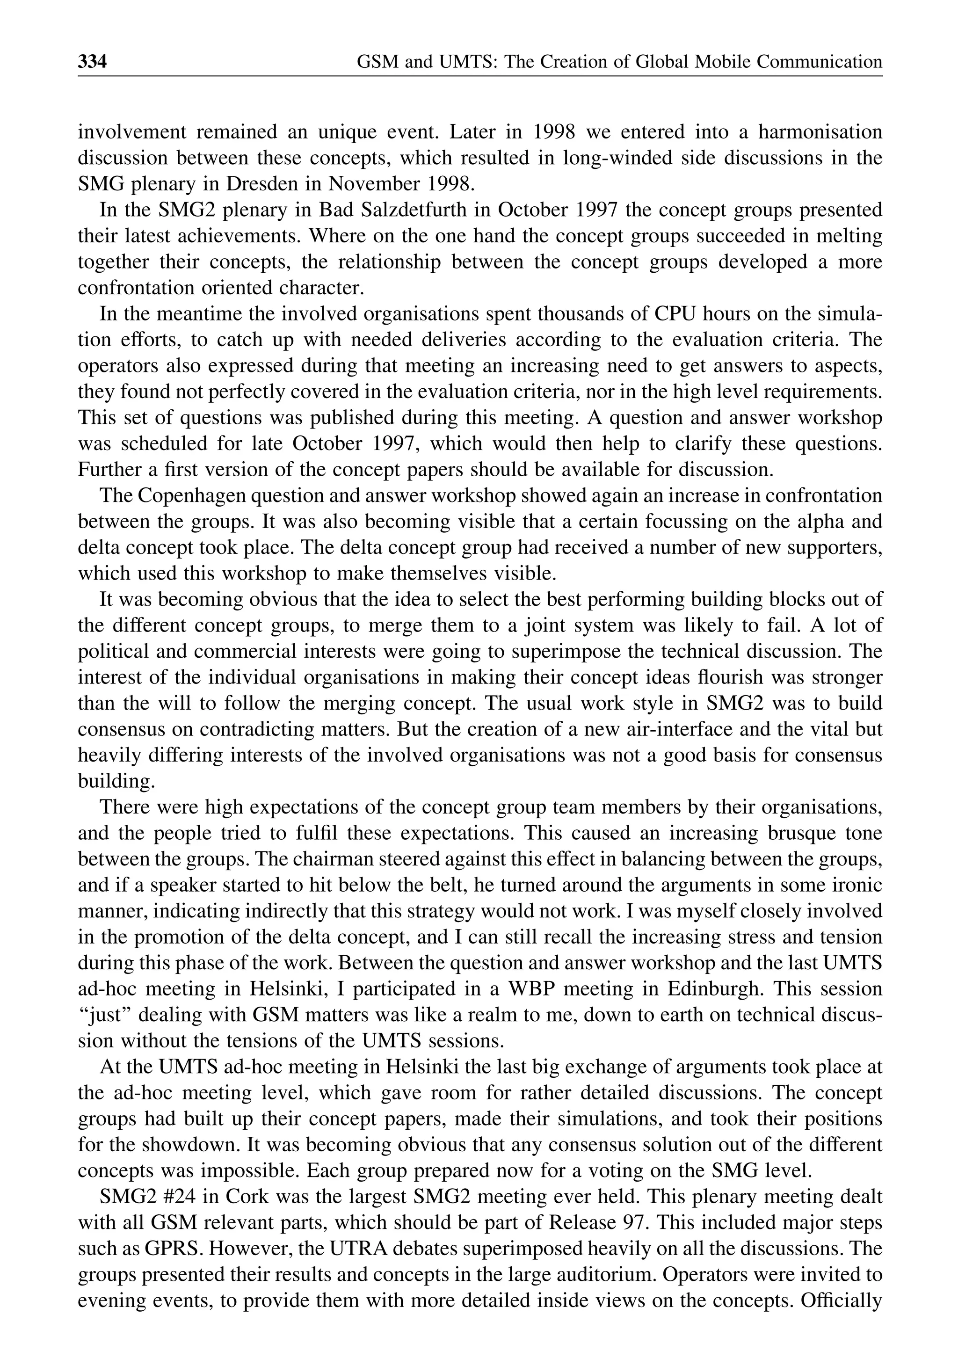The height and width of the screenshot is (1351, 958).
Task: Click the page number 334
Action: pos(92,61)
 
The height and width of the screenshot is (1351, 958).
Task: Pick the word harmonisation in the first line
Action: pos(820,132)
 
